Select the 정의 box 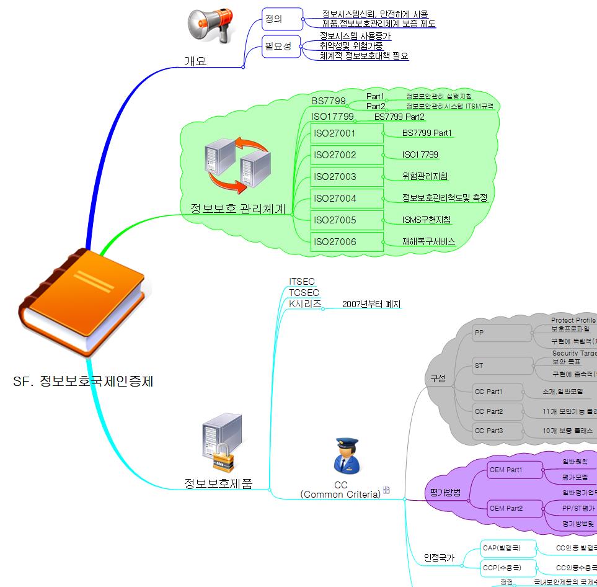282,19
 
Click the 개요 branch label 195,61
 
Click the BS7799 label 329,101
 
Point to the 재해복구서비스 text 428,241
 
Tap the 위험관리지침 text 425,176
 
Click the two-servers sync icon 236,165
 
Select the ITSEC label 302,282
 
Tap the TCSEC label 304,293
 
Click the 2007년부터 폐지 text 371,304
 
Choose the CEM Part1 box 506,470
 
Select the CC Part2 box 489,411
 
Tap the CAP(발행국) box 500,548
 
